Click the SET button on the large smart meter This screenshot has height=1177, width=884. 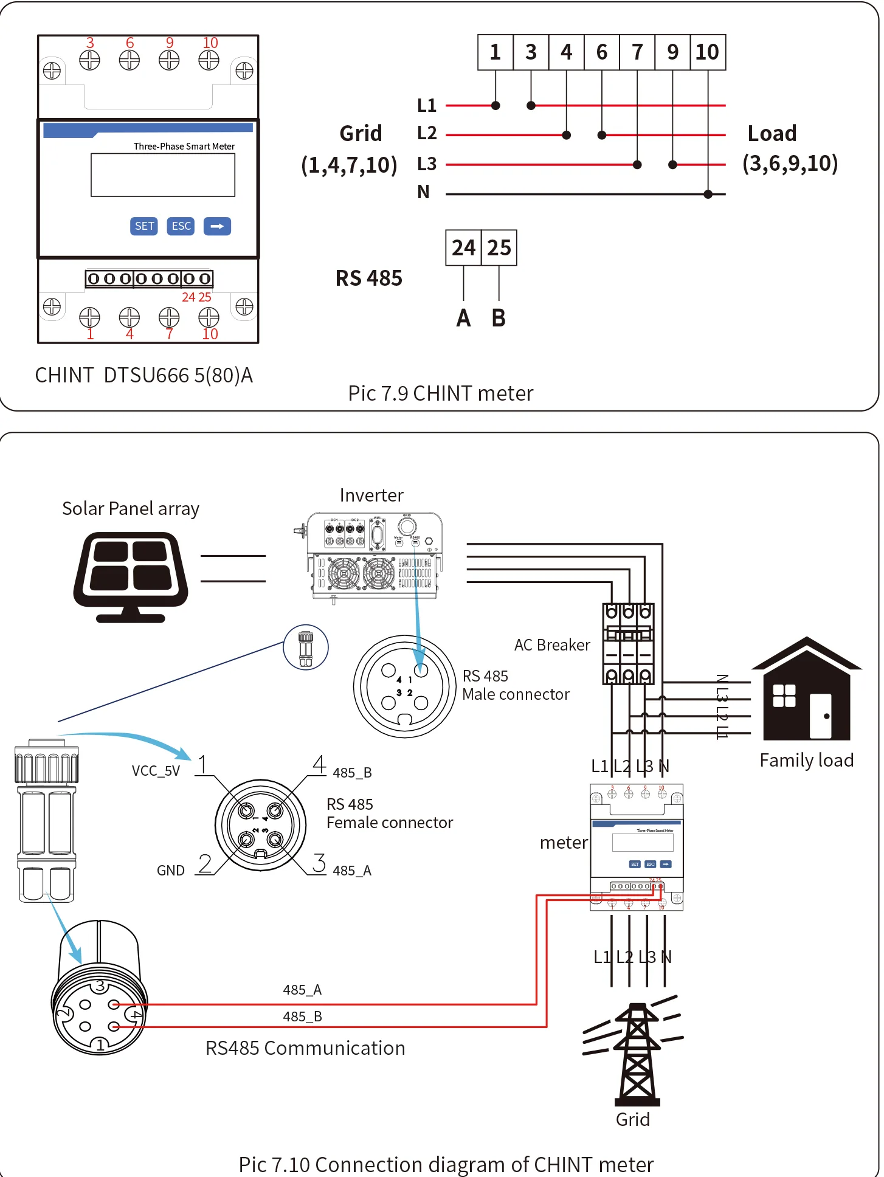point(144,226)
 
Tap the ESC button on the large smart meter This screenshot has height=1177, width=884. point(181,226)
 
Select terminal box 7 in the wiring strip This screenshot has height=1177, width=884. point(637,52)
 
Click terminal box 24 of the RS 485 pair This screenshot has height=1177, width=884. point(463,247)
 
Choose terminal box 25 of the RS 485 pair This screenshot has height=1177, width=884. point(499,247)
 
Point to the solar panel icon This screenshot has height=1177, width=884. point(131,576)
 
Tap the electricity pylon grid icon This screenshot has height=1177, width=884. point(635,1052)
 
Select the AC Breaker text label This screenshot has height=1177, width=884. point(552,645)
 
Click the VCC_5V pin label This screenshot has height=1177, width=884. point(156,771)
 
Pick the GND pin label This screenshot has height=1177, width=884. point(171,871)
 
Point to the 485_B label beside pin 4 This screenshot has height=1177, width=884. point(352,773)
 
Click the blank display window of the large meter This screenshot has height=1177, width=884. point(163,175)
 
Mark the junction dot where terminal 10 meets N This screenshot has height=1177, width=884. point(708,195)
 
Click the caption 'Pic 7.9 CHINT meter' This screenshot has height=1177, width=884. point(441,393)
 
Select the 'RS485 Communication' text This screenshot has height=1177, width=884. point(305,1048)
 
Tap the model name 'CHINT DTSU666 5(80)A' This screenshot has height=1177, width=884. point(144,375)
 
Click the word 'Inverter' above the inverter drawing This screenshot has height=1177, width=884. point(371,495)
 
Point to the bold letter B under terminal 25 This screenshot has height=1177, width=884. point(499,318)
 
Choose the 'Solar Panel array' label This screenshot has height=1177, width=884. point(131,508)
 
